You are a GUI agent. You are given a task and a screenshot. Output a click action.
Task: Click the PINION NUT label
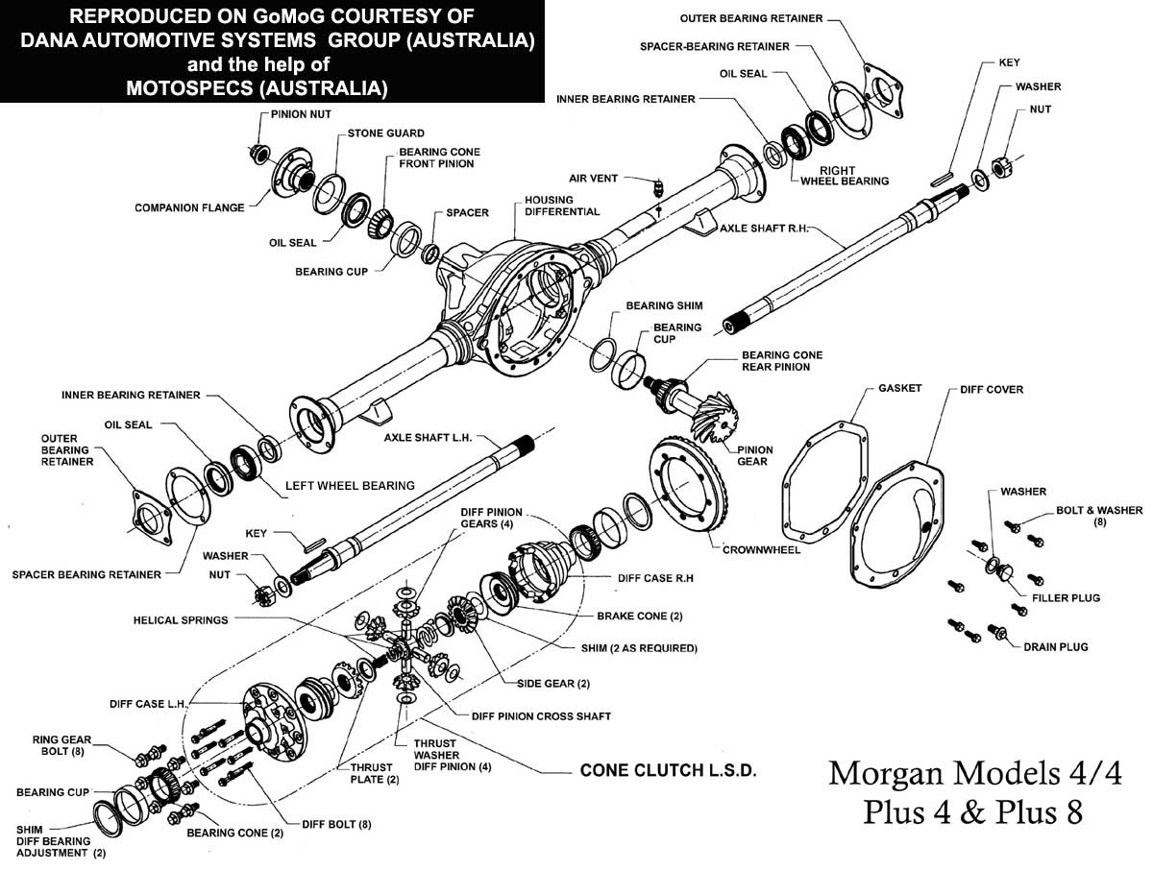pyautogui.click(x=293, y=114)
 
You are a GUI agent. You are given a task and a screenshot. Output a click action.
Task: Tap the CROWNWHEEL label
pyautogui.click(x=761, y=550)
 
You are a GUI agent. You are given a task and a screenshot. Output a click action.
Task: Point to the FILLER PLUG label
pyautogui.click(x=1067, y=598)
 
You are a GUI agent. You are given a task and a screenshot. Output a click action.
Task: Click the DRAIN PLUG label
pyautogui.click(x=1055, y=647)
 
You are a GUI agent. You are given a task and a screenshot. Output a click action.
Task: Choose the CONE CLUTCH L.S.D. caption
pyautogui.click(x=669, y=771)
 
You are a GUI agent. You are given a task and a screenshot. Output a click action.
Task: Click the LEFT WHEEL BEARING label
pyautogui.click(x=350, y=486)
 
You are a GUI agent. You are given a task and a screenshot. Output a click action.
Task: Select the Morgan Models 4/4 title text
pyautogui.click(x=974, y=774)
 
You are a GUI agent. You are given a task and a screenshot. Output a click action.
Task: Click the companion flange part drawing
pyautogui.click(x=289, y=176)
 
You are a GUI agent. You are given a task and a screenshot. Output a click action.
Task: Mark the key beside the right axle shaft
pyautogui.click(x=941, y=177)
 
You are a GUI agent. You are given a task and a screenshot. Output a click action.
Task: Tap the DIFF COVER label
pyautogui.click(x=991, y=390)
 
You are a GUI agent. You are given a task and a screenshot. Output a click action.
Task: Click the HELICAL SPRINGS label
pyautogui.click(x=181, y=620)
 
